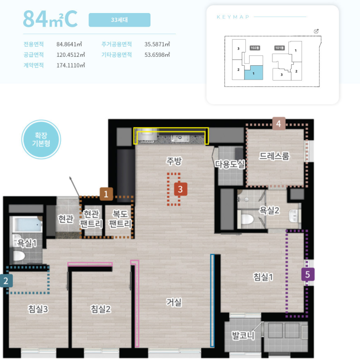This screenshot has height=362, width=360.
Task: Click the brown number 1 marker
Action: [x=106, y=194]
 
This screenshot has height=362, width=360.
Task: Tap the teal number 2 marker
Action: [x=6, y=281]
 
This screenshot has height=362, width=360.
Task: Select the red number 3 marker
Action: [x=180, y=189]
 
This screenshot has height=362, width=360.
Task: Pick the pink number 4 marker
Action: [x=279, y=123]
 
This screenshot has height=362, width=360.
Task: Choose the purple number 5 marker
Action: [x=308, y=274]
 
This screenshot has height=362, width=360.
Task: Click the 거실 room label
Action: [x=174, y=302]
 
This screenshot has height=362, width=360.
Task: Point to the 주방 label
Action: [x=174, y=161]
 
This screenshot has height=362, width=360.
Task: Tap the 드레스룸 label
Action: [x=274, y=156]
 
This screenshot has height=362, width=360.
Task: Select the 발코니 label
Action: [x=243, y=336]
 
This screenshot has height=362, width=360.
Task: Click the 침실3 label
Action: [x=38, y=309]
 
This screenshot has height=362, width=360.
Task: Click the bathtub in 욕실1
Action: [x=27, y=224]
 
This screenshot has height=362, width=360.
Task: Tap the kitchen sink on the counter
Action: [x=180, y=138]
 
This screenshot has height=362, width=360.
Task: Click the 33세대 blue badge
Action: [x=120, y=20]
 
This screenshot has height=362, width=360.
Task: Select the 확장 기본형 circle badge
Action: [x=41, y=139]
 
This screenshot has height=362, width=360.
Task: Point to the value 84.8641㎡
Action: [x=69, y=44]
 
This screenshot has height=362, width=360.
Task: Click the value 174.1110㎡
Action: [x=71, y=65]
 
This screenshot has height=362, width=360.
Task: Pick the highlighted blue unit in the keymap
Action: [x=254, y=73]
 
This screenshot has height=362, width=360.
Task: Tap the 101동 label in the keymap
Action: [x=279, y=48]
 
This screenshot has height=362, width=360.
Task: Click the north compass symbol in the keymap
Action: [x=316, y=31]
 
